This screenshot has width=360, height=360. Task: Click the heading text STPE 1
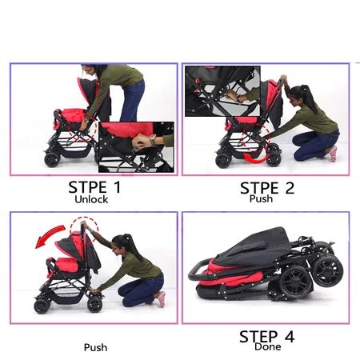pyautogui.click(x=94, y=187)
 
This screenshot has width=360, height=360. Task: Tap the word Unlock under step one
pyautogui.click(x=91, y=199)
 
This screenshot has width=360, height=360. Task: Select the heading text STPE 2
pyautogui.click(x=267, y=188)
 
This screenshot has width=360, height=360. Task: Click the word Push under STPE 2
pyautogui.click(x=261, y=198)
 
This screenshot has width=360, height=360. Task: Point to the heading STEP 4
pyautogui.click(x=267, y=337)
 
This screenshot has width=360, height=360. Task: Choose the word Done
pyautogui.click(x=268, y=346)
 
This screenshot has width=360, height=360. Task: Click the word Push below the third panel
pyautogui.click(x=95, y=347)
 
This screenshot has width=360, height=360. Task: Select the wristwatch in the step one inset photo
pyautogui.click(x=153, y=141)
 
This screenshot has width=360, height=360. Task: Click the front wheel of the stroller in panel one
pyautogui.click(x=52, y=159)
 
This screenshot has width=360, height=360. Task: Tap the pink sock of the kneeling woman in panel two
pyautogui.click(x=333, y=154)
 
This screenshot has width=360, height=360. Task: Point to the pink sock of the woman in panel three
pyautogui.click(x=161, y=300)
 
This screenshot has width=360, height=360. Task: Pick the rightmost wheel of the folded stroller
pyautogui.click(x=328, y=270)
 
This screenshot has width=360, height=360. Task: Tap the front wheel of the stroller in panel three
pyautogui.click(x=42, y=306)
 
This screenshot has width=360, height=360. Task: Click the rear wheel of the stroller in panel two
pyautogui.click(x=274, y=159)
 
